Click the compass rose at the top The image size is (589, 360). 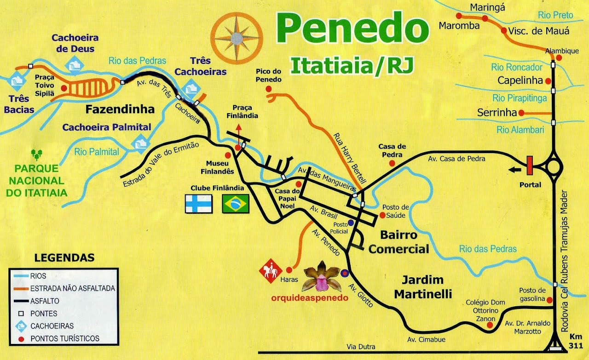coord(237,38)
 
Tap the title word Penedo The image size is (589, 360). coord(352,29)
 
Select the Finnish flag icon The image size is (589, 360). coord(198,204)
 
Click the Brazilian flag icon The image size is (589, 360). coord(235,204)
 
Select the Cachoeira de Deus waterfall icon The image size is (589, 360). coord(74,66)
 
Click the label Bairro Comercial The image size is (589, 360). coord(398,242)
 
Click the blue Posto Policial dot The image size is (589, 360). coord(351,223)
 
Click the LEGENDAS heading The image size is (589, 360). coord(64,257)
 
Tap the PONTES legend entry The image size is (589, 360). coord(44,314)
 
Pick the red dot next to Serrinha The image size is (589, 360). coord(521,113)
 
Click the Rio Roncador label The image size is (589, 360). coord(517,68)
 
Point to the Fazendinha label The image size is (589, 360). coord(120,109)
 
